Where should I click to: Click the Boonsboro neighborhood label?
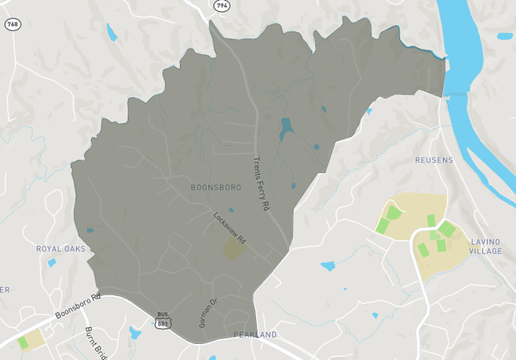pyautogui.click(x=216, y=186)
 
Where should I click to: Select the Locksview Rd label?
pyautogui.click(x=229, y=227)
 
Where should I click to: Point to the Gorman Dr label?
pyautogui.click(x=207, y=314)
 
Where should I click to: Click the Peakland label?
pyautogui.click(x=254, y=334)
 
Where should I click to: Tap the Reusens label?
pyautogui.click(x=434, y=160)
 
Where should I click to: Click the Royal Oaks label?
pyautogui.click(x=60, y=249)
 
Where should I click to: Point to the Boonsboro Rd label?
pyautogui.click(x=77, y=308)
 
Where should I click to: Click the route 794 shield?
pyautogui.click(x=221, y=6)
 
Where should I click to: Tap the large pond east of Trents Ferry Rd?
pyautogui.click(x=286, y=128)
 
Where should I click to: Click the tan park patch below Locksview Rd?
pyautogui.click(x=234, y=249)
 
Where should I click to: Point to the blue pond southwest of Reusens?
pyautogui.click(x=328, y=266)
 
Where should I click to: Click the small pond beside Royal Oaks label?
pyautogui.click(x=52, y=262)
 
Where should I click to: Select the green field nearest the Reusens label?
pyautogui.click(x=392, y=214)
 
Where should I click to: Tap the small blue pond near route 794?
pyautogui.click(x=111, y=32)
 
